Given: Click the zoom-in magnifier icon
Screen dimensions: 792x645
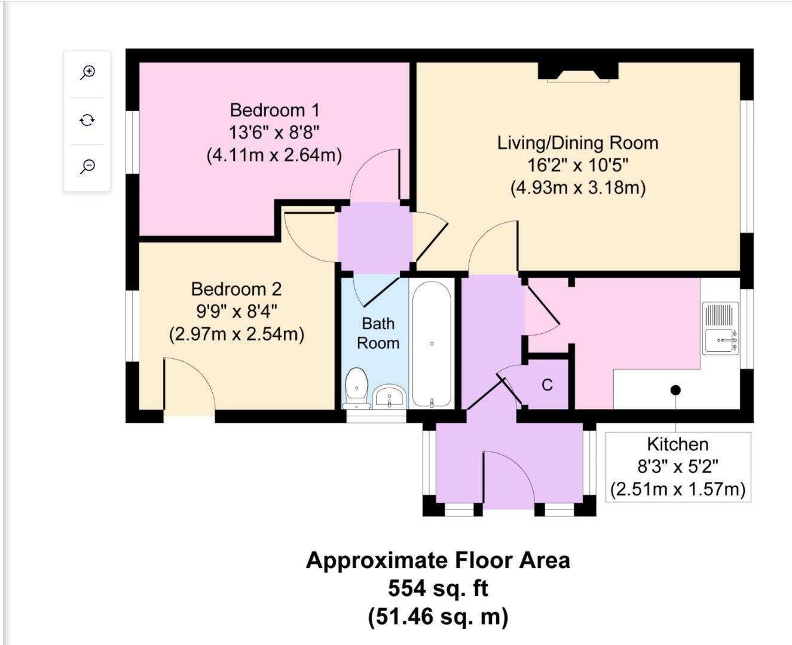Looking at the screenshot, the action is pos(88,72).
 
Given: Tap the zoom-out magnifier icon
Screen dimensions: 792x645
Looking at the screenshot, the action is pos(88,167).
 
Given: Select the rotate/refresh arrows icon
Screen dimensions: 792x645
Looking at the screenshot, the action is pos(87,120).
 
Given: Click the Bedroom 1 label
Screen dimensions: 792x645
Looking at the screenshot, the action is pos(274,110).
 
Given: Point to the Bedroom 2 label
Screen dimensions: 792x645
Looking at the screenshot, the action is pos(237,290).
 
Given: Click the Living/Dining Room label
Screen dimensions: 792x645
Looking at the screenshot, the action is pos(578,143).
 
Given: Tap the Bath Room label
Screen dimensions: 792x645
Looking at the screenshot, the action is pos(378,333).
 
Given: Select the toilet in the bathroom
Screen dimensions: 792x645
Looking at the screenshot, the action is pos(357,388).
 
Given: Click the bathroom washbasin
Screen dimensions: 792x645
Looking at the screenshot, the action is pos(389,397).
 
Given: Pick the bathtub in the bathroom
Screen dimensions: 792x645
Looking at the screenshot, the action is pos(432,344).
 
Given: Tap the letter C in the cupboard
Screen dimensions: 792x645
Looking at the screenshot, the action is pos(547,385).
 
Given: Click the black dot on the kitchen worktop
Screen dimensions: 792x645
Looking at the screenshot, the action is pos(675,390).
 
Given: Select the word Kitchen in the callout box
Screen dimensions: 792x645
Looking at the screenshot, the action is pos(678,444).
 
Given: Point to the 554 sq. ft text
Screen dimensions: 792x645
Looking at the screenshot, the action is pos(438,588).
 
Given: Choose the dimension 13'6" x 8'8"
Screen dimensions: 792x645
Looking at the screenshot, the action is pos(274,132).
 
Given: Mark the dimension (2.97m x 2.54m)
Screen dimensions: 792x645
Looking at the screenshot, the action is pos(237,334).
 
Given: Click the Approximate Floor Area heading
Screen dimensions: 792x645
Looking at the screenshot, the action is pos(438,560).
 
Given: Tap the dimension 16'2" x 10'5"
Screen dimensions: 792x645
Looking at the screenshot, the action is pos(578,165).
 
